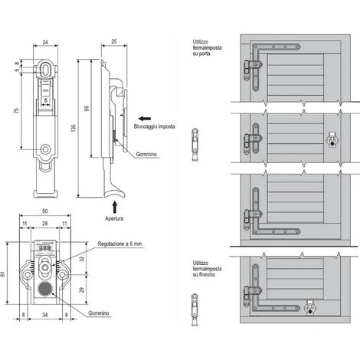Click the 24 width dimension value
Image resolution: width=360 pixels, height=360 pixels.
point(45,42)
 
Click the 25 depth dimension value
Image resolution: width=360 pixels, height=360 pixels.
point(114,41)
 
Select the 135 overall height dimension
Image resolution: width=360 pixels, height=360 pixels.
point(74,128)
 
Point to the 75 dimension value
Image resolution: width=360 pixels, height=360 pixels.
point(17,110)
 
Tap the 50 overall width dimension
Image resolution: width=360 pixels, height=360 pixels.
point(44,211)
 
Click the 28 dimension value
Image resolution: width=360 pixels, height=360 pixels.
point(45,224)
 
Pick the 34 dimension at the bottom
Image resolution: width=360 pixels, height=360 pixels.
point(44,315)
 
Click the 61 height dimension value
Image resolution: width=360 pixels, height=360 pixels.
point(2,274)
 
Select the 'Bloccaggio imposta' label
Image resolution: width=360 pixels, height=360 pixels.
point(155,126)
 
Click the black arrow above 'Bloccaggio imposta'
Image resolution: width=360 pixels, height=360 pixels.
point(145,119)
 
